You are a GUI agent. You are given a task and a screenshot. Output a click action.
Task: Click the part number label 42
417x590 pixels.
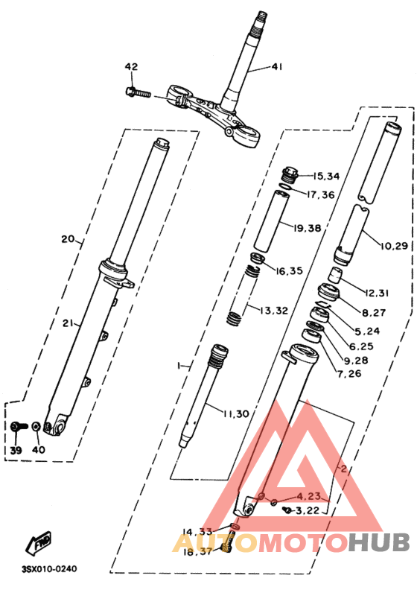[131, 66]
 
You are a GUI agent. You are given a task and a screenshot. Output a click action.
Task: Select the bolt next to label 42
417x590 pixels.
[139, 94]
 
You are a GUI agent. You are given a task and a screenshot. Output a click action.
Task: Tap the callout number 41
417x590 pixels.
[277, 68]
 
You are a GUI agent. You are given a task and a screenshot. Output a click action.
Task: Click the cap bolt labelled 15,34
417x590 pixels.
[291, 175]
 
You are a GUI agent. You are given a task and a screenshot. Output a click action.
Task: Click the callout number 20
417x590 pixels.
[68, 240]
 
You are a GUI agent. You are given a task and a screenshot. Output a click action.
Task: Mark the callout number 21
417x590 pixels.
[68, 323]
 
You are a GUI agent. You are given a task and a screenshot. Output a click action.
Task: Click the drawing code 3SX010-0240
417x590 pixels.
[49, 569]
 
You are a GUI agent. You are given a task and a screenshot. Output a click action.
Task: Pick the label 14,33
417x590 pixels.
[197, 531]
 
